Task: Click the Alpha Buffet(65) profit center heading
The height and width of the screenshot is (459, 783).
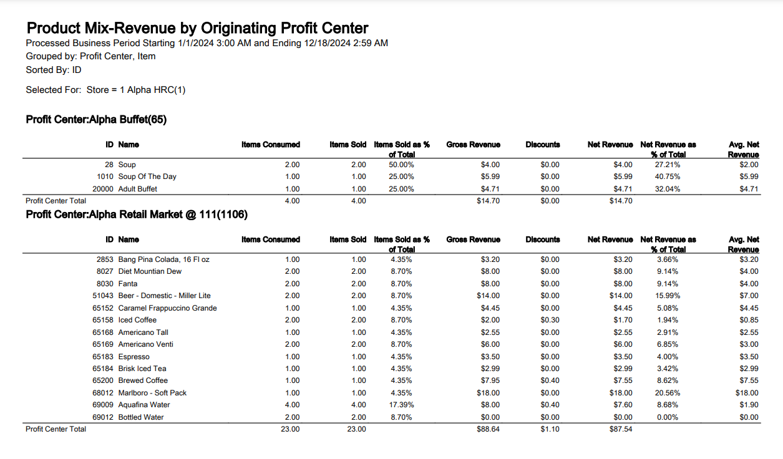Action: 96,120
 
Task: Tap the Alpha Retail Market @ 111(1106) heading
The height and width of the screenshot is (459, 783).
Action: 137,215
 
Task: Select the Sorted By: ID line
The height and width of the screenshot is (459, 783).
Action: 54,70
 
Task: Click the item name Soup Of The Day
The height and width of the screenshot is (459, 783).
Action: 147,176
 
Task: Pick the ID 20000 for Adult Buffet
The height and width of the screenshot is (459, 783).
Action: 103,189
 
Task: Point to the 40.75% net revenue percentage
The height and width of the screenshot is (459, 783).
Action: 668,176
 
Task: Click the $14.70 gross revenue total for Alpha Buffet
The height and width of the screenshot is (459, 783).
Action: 488,201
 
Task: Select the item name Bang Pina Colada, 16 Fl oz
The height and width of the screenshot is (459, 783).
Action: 163,259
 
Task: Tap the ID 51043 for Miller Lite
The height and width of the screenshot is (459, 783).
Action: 103,296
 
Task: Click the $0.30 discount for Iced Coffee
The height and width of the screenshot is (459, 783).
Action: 550,320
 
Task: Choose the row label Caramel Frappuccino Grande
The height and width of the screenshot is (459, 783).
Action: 167,308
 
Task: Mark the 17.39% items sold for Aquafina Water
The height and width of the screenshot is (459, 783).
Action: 401,405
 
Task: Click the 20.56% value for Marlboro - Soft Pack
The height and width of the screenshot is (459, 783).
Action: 668,393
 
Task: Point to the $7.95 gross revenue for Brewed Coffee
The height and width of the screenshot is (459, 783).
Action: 490,380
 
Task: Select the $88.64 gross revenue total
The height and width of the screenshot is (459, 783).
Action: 488,429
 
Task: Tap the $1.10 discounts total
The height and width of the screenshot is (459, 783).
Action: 550,429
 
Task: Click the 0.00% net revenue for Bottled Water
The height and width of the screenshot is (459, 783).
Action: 668,417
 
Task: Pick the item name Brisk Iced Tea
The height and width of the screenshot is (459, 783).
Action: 142,369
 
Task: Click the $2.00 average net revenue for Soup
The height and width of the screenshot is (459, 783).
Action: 749,165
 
